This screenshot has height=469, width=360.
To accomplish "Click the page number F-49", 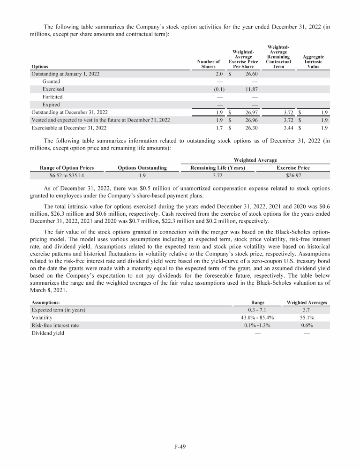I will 180,446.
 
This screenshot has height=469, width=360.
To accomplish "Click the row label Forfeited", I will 52,97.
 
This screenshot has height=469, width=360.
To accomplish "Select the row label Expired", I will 51,105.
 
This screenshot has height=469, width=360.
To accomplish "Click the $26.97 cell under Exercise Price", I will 293,176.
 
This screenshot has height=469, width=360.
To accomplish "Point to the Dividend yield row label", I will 47,333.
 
